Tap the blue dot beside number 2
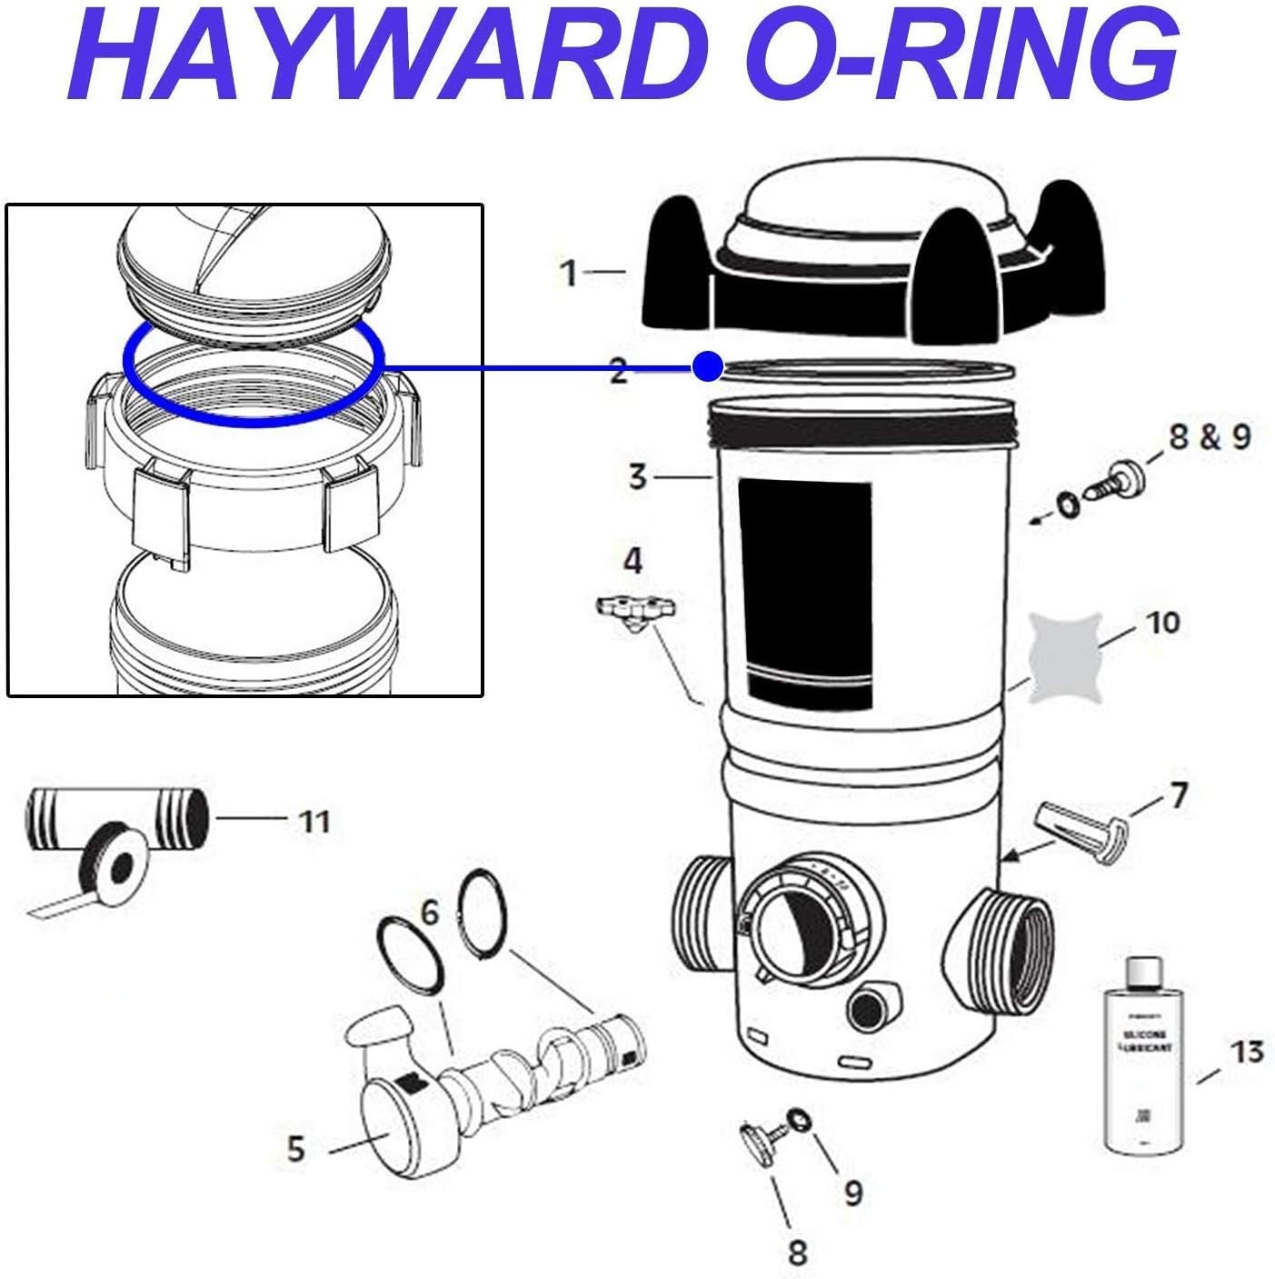click(706, 367)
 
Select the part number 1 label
click(569, 272)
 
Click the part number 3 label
click(638, 475)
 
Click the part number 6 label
click(429, 912)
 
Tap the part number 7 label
click(1179, 795)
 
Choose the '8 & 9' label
click(1210, 437)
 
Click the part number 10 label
click(1163, 623)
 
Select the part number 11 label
click(314, 822)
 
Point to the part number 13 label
click(1247, 1052)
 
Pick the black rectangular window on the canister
click(804, 595)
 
